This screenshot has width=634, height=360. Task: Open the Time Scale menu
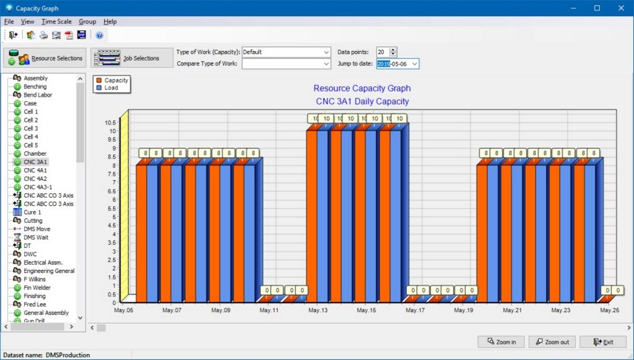coord(56,21)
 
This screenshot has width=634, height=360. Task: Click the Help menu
coord(110,21)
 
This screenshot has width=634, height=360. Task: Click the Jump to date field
coord(398,64)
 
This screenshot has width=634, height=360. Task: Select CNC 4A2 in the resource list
coord(35,179)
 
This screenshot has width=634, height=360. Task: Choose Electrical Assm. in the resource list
coord(43,263)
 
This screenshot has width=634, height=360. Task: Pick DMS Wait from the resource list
coord(36,238)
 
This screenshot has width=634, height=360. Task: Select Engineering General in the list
coord(49,271)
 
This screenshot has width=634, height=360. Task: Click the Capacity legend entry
coord(112,80)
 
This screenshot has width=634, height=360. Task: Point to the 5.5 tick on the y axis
coord(111,209)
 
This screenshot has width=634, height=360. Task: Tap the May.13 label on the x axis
coord(318,311)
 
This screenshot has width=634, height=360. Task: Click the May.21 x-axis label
coord(512,311)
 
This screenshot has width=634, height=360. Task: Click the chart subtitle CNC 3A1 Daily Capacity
coord(362,101)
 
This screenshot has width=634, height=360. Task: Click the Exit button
coord(603,342)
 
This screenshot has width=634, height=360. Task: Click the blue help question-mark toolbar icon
coord(100,35)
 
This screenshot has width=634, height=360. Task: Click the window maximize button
coord(597,8)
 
